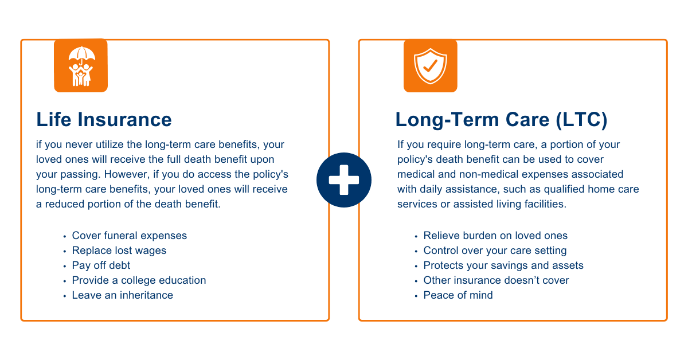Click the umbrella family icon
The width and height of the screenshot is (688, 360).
click(x=81, y=66)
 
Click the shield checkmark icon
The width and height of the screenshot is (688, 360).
click(x=431, y=66)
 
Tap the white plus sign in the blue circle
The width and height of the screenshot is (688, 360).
click(x=343, y=180)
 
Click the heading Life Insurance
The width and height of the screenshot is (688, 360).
click(x=104, y=119)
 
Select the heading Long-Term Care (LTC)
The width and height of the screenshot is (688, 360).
click(x=501, y=120)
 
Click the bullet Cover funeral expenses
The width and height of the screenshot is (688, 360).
click(x=130, y=236)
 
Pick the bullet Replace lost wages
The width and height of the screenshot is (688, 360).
click(x=119, y=251)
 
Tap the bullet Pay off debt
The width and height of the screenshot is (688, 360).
click(x=101, y=265)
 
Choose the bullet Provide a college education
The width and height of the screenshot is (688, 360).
click(x=139, y=280)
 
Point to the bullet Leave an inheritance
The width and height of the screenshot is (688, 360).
click(x=122, y=295)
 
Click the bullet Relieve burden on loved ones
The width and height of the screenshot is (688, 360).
click(x=495, y=236)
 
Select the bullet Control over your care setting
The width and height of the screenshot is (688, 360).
click(x=495, y=251)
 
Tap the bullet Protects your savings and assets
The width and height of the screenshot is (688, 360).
click(x=503, y=265)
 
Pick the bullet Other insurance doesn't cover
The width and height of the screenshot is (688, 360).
click(x=496, y=280)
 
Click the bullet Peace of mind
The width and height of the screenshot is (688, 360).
click(x=458, y=295)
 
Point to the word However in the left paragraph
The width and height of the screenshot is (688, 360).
click(x=127, y=174)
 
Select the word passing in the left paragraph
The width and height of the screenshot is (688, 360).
click(x=80, y=175)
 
